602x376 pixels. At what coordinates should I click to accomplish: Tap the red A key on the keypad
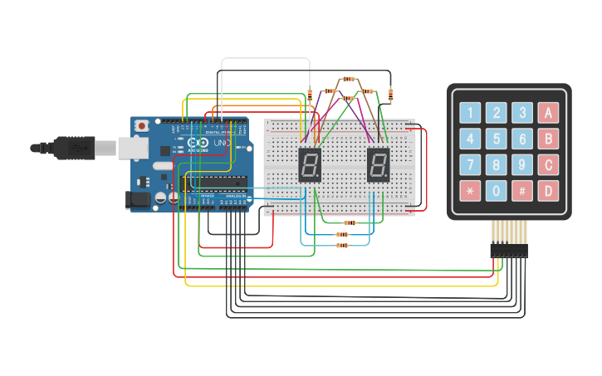tap(548, 113)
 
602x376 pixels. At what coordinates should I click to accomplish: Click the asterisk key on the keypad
tap(471, 191)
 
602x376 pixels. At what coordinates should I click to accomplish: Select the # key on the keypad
tap(522, 191)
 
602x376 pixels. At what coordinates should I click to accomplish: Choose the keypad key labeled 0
tap(497, 191)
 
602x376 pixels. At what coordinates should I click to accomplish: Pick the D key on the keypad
tap(548, 191)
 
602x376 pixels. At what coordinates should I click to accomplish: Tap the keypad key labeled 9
tap(522, 164)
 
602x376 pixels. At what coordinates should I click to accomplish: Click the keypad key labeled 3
tap(522, 113)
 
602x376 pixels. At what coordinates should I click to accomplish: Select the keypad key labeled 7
tap(471, 164)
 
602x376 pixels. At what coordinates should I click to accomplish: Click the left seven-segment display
tap(309, 166)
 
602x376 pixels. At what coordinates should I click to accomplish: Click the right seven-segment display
tap(378, 166)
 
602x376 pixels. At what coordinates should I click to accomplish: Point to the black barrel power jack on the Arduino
tap(136, 199)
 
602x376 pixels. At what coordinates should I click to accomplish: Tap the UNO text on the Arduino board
tap(222, 144)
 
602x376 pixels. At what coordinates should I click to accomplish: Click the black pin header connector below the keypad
tap(509, 249)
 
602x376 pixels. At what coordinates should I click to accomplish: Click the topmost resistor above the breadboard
tap(349, 80)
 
